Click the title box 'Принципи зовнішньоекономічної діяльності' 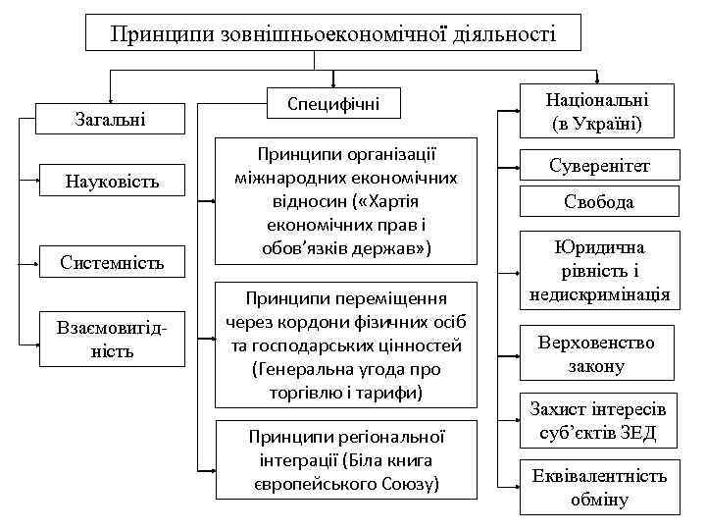coord(332,34)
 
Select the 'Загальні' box coord(110,120)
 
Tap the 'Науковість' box coord(111,182)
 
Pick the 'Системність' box coord(111,262)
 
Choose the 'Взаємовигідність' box coord(111,340)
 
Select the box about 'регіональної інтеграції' coord(346,459)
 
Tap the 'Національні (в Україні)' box coord(597,110)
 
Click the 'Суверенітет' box coord(598,166)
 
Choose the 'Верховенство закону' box coord(598,354)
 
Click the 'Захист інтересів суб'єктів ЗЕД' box coord(598,421)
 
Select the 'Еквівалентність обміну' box coord(598,487)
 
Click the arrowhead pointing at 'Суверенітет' coord(516,167)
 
